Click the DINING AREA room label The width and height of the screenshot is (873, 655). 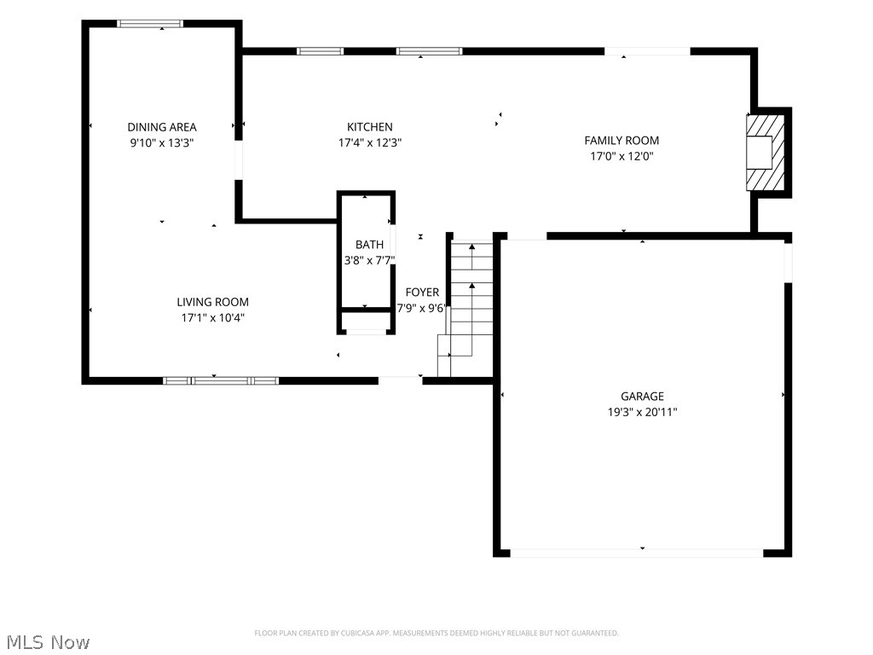click(x=161, y=127)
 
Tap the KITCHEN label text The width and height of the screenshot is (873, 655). click(x=370, y=127)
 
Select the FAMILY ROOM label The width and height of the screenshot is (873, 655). click(x=622, y=141)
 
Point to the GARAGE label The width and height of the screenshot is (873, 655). click(x=642, y=396)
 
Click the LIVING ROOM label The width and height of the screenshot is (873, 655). click(x=212, y=302)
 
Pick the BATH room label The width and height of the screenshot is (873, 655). click(x=369, y=245)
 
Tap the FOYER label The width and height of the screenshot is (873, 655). click(x=422, y=293)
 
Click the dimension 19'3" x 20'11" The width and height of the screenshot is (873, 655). click(x=642, y=412)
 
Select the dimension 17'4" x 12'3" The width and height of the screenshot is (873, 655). click(x=370, y=142)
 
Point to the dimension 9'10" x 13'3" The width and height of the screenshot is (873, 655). click(x=161, y=142)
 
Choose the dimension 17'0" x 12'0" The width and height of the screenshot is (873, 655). click(x=622, y=156)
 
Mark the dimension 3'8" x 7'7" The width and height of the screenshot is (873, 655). click(x=369, y=260)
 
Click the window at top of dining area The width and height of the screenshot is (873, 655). click(x=150, y=23)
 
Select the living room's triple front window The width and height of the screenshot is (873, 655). click(x=221, y=381)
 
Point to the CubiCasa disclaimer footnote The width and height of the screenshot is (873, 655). click(x=436, y=634)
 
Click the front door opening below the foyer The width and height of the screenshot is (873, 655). click(x=401, y=381)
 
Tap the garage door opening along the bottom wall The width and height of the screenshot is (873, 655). click(x=636, y=553)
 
